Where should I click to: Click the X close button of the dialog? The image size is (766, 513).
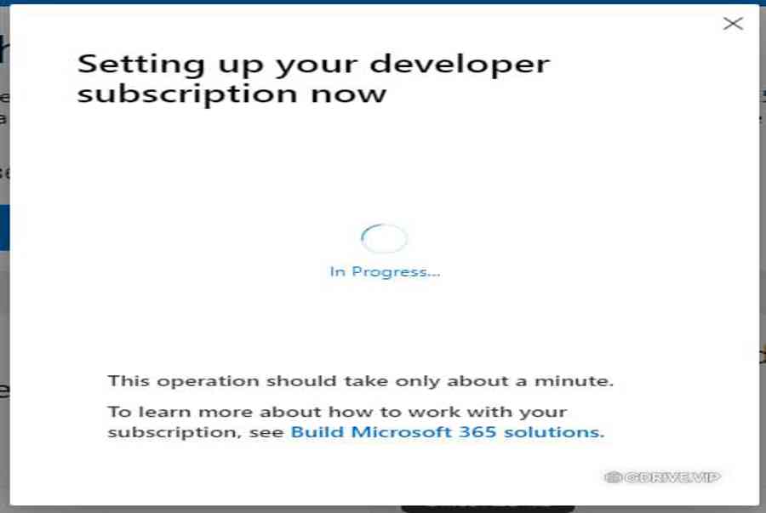click(733, 24)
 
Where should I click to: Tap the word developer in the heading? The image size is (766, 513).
click(460, 64)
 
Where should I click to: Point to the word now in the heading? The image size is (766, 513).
click(349, 94)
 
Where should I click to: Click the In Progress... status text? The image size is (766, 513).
click(385, 272)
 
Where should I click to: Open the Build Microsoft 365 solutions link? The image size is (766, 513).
click(448, 432)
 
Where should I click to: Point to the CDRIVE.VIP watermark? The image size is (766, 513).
click(662, 477)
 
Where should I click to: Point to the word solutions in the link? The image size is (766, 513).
click(554, 432)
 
